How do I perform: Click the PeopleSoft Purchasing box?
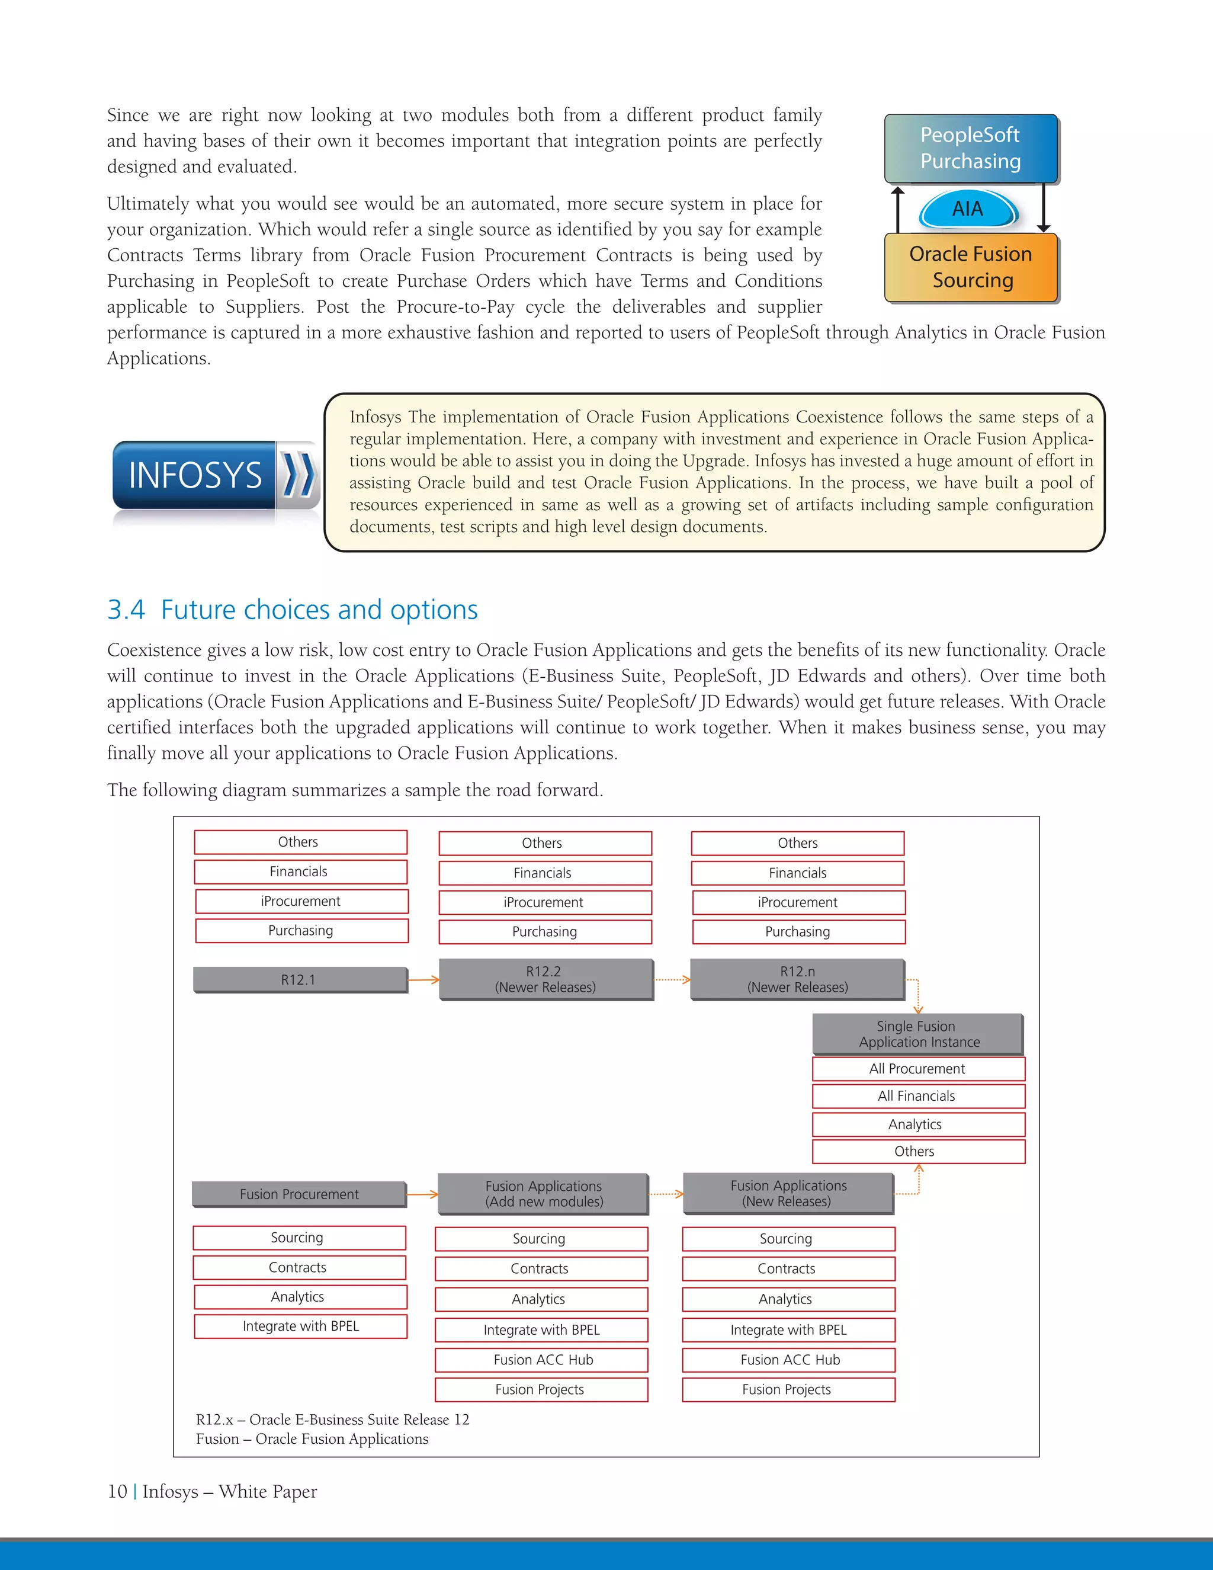click(970, 148)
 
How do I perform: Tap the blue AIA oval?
click(967, 209)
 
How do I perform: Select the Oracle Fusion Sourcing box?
click(971, 267)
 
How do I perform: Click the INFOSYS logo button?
click(195, 475)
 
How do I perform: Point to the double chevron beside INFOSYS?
click(297, 475)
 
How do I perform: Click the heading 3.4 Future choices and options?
click(293, 610)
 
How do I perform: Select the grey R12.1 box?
click(300, 979)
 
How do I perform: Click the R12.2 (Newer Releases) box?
click(545, 979)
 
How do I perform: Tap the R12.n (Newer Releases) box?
click(797, 979)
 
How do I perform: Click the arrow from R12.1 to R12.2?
click(423, 979)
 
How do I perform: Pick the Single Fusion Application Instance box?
click(917, 1034)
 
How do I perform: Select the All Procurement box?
click(917, 1069)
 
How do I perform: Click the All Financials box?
click(917, 1096)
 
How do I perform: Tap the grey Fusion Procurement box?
click(299, 1194)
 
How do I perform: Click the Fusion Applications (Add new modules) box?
click(543, 1194)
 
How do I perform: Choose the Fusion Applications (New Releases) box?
click(788, 1193)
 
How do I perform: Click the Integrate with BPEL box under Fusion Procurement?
click(300, 1327)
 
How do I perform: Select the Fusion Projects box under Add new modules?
click(540, 1389)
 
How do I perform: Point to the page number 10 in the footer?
click(117, 1492)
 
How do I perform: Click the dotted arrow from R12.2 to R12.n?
click(672, 979)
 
